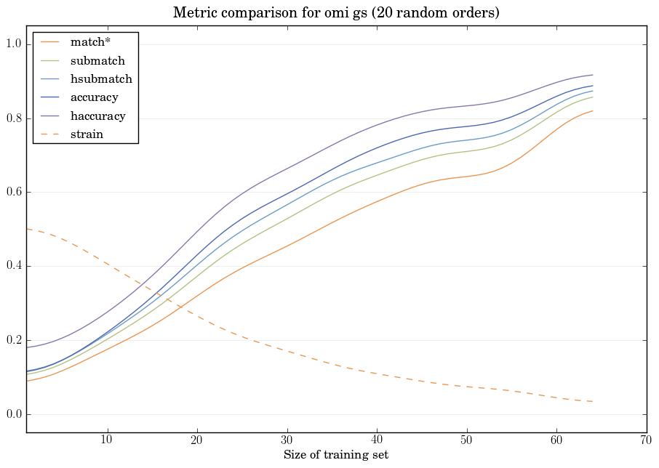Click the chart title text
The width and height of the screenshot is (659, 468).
(336, 13)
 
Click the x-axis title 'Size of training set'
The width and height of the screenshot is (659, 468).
(335, 455)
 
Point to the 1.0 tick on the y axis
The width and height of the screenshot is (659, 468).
(14, 44)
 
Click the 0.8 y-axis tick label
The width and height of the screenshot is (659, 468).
(14, 118)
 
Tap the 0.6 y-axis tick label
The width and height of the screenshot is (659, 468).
(14, 193)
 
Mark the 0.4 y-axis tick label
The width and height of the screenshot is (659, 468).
(14, 267)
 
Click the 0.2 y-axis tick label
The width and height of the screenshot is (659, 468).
(14, 341)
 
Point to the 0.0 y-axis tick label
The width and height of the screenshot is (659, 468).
(14, 415)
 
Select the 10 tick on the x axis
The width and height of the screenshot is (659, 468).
(107, 440)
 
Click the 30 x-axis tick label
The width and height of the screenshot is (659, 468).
(287, 440)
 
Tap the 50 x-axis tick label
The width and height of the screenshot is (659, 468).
(467, 440)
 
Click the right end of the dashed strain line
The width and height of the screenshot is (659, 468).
(593, 401)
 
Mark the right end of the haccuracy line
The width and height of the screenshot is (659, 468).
(593, 75)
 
